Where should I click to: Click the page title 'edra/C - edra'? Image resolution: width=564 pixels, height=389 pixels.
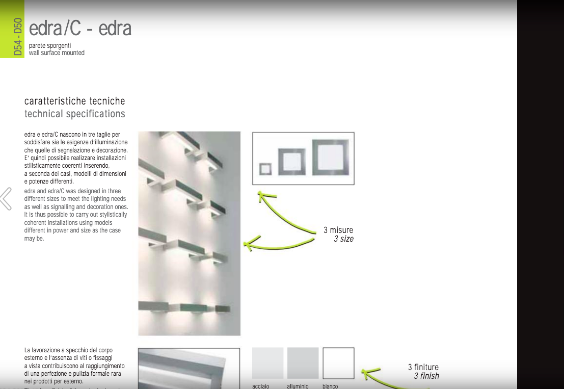(80, 29)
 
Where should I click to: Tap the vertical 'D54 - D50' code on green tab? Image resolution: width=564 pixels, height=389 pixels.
(18, 37)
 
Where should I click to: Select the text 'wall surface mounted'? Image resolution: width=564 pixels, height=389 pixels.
(57, 53)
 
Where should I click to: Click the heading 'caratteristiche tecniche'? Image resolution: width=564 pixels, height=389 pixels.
(74, 101)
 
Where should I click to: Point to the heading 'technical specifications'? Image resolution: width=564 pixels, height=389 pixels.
(74, 114)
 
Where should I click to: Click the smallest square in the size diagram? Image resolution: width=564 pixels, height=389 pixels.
(265, 169)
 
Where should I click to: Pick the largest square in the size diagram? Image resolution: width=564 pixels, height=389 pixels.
(331, 157)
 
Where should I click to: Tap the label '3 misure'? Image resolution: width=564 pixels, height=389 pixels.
(338, 230)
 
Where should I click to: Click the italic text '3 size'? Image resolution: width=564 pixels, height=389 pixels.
(343, 239)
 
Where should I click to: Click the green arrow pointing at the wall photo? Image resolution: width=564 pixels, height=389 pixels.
(279, 245)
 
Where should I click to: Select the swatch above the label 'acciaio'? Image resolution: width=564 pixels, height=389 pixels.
(267, 363)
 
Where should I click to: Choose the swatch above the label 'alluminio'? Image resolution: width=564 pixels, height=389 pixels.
(303, 363)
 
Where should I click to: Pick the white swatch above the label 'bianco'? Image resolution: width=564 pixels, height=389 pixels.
(338, 363)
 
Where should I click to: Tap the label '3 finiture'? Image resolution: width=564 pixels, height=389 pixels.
(423, 367)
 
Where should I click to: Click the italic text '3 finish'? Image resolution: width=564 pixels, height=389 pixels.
(426, 376)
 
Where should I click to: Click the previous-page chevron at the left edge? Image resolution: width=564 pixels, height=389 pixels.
(6, 199)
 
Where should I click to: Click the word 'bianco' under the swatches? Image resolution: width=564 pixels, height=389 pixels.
(330, 386)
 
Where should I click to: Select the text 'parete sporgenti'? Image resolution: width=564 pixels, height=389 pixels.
(50, 46)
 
